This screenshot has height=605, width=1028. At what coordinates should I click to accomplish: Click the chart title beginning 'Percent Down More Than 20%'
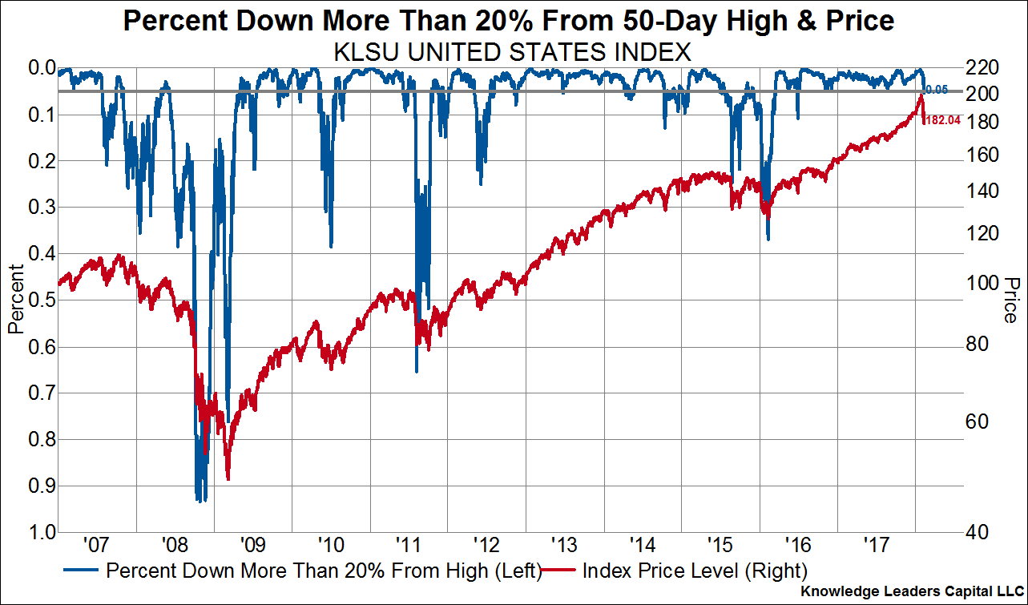tap(509, 21)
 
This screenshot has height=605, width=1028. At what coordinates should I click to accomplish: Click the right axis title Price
tap(1010, 300)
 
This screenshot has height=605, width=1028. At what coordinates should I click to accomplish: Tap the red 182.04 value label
tap(942, 120)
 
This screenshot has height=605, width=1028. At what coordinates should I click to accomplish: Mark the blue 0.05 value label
tap(937, 90)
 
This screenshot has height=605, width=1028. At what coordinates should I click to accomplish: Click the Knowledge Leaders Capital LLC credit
tap(913, 591)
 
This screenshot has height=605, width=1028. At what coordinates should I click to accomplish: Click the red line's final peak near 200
tap(921, 95)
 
